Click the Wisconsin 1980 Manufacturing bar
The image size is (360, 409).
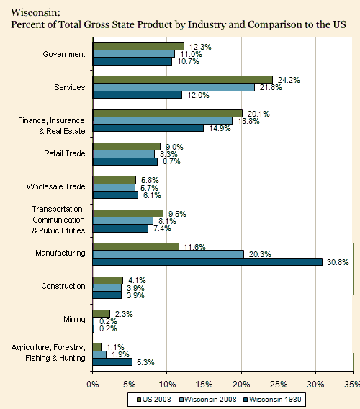(207, 261)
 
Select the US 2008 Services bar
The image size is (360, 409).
(183, 80)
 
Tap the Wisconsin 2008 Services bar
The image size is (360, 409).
(174, 87)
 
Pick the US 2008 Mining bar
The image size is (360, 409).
(102, 313)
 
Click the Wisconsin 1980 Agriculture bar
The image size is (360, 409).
(112, 361)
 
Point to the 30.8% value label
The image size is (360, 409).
(338, 262)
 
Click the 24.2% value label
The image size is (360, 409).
(289, 80)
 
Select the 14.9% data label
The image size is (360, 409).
(220, 128)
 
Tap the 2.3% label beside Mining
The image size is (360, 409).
(124, 314)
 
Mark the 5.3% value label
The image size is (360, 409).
(145, 362)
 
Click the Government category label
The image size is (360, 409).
(64, 54)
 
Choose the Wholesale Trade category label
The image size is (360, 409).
(56, 186)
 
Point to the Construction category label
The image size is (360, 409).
(63, 286)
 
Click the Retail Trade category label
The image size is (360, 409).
(64, 153)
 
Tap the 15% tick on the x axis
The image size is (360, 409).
(204, 385)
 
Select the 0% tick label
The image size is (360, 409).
(93, 385)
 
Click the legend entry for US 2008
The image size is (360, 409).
(154, 400)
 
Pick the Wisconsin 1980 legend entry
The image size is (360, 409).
(272, 400)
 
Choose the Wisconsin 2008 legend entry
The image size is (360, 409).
(208, 400)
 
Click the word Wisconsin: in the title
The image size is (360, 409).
(35, 12)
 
